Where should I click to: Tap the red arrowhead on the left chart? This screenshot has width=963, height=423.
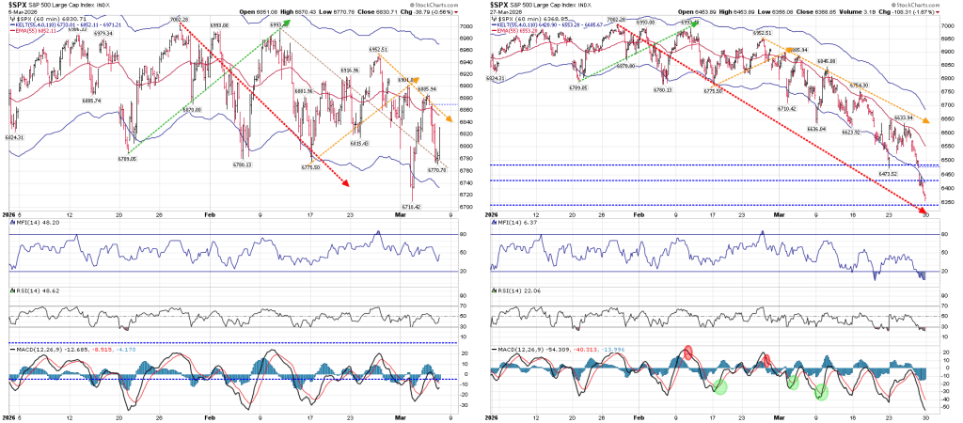coord(346,184)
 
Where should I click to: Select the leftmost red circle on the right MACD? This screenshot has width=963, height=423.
coord(687,352)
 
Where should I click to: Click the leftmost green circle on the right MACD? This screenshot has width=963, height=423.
coord(719,385)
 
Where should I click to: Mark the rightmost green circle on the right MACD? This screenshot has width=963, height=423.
coord(820,391)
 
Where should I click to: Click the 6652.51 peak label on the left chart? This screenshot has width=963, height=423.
coord(379,49)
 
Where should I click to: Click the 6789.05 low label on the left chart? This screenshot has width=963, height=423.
coord(127,159)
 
